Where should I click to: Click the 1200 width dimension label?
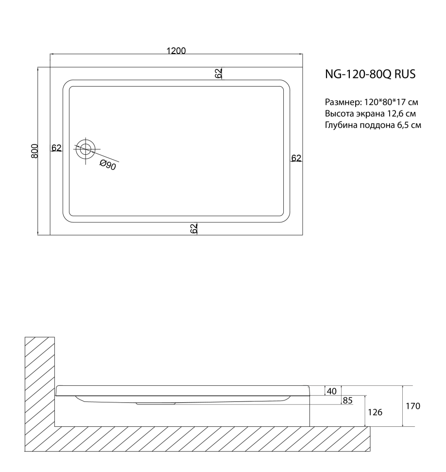point(176,51)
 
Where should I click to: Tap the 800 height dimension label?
point(34,151)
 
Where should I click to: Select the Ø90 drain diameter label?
point(108,165)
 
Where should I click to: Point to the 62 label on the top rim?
point(219,73)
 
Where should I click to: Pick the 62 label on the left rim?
point(56,148)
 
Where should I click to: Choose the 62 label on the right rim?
point(296,158)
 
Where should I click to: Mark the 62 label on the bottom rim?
point(194,229)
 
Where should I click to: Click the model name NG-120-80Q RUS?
point(370,74)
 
